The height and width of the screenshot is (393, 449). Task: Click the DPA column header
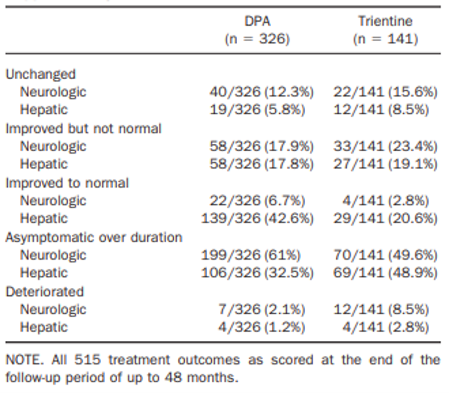tap(258, 22)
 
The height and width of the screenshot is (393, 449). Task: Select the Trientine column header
tap(385, 22)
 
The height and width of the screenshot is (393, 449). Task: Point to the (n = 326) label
tap(258, 40)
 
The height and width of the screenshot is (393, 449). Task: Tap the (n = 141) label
tap(385, 40)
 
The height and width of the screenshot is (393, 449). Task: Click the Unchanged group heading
tap(40, 74)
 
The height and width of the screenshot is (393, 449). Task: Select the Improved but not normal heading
tap(83, 128)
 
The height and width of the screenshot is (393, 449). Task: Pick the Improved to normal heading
tap(67, 183)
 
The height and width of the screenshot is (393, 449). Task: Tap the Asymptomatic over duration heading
tap(94, 238)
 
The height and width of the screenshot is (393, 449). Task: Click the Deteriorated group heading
tap(45, 292)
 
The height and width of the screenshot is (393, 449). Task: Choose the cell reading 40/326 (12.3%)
tap(262, 92)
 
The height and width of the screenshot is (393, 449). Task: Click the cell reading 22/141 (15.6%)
tap(386, 92)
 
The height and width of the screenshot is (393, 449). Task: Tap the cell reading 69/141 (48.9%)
tap(386, 273)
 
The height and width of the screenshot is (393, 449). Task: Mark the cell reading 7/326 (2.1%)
tap(262, 310)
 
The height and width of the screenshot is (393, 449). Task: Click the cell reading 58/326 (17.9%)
tap(262, 147)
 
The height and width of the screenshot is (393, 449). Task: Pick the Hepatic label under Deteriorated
tap(43, 327)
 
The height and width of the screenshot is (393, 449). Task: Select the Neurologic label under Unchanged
tap(53, 92)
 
